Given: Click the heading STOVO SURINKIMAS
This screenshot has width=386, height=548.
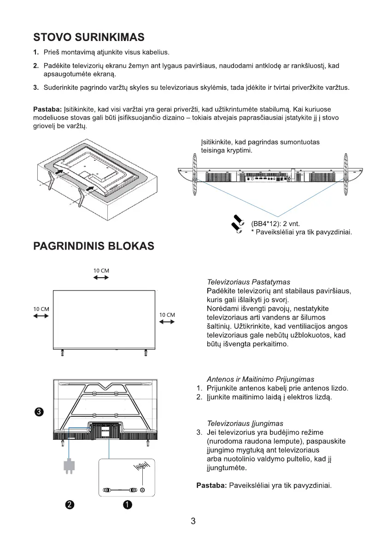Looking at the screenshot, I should point(89,37).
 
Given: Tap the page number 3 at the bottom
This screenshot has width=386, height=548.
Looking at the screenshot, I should point(193,521).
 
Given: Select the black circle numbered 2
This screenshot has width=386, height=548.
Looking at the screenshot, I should point(69,505).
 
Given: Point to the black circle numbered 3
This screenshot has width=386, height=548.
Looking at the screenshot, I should point(40,411).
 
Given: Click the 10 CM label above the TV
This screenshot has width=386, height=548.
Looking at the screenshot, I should point(101,270).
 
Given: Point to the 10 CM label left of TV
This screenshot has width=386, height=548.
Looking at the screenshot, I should point(41,309).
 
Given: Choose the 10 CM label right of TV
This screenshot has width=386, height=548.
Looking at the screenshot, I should point(167,315).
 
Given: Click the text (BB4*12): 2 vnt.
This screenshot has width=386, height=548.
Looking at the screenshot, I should point(275,223).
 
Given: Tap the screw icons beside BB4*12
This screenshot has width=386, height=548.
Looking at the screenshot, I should point(238,223).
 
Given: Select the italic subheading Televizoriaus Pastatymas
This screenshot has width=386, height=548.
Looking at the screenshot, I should point(248,282).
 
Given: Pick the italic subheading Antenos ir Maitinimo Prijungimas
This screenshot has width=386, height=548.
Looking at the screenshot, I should point(260,379).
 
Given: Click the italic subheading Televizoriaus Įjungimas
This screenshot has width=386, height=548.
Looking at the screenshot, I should point(245,423).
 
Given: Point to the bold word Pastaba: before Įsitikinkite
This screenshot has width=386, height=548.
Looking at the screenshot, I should point(48,109).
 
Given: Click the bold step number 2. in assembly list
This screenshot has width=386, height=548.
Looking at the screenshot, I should point(35,66).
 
